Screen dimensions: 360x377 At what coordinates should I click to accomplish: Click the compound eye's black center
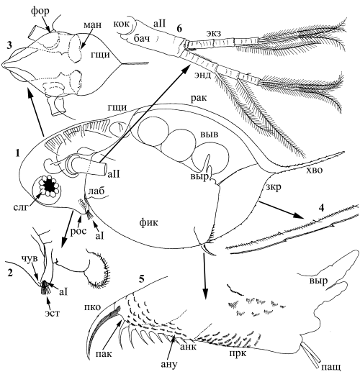pos(50,186)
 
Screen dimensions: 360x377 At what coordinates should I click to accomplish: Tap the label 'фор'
pos(40,12)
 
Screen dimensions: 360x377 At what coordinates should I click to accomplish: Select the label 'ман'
pos(92,25)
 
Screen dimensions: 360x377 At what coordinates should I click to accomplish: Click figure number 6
pos(179,29)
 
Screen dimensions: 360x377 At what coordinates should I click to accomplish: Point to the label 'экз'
pos(214,34)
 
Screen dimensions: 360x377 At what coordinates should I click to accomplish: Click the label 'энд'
pos(202,76)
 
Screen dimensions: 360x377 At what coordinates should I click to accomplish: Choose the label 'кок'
pos(122,24)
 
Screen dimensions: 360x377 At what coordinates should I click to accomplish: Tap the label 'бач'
pos(142,37)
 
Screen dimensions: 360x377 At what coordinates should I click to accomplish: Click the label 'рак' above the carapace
pos(199,99)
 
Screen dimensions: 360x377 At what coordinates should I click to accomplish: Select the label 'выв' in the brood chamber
pos(209,134)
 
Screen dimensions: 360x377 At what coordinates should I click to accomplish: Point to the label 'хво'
pos(314,171)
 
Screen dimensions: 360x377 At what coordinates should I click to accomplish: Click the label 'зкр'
pos(274,187)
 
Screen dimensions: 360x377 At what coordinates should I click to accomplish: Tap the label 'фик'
pos(148,222)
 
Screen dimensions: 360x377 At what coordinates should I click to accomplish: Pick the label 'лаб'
pos(96,191)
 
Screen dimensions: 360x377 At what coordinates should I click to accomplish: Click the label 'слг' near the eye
pos(21,207)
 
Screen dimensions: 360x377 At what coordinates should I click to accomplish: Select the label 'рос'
pos(78,231)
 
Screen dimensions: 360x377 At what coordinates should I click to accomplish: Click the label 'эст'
pos(53,313)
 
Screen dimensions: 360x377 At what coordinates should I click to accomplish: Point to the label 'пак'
pos(104,354)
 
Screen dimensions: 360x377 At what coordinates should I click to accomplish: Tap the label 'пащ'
pos(331,367)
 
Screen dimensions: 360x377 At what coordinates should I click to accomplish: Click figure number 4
pos(321,208)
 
